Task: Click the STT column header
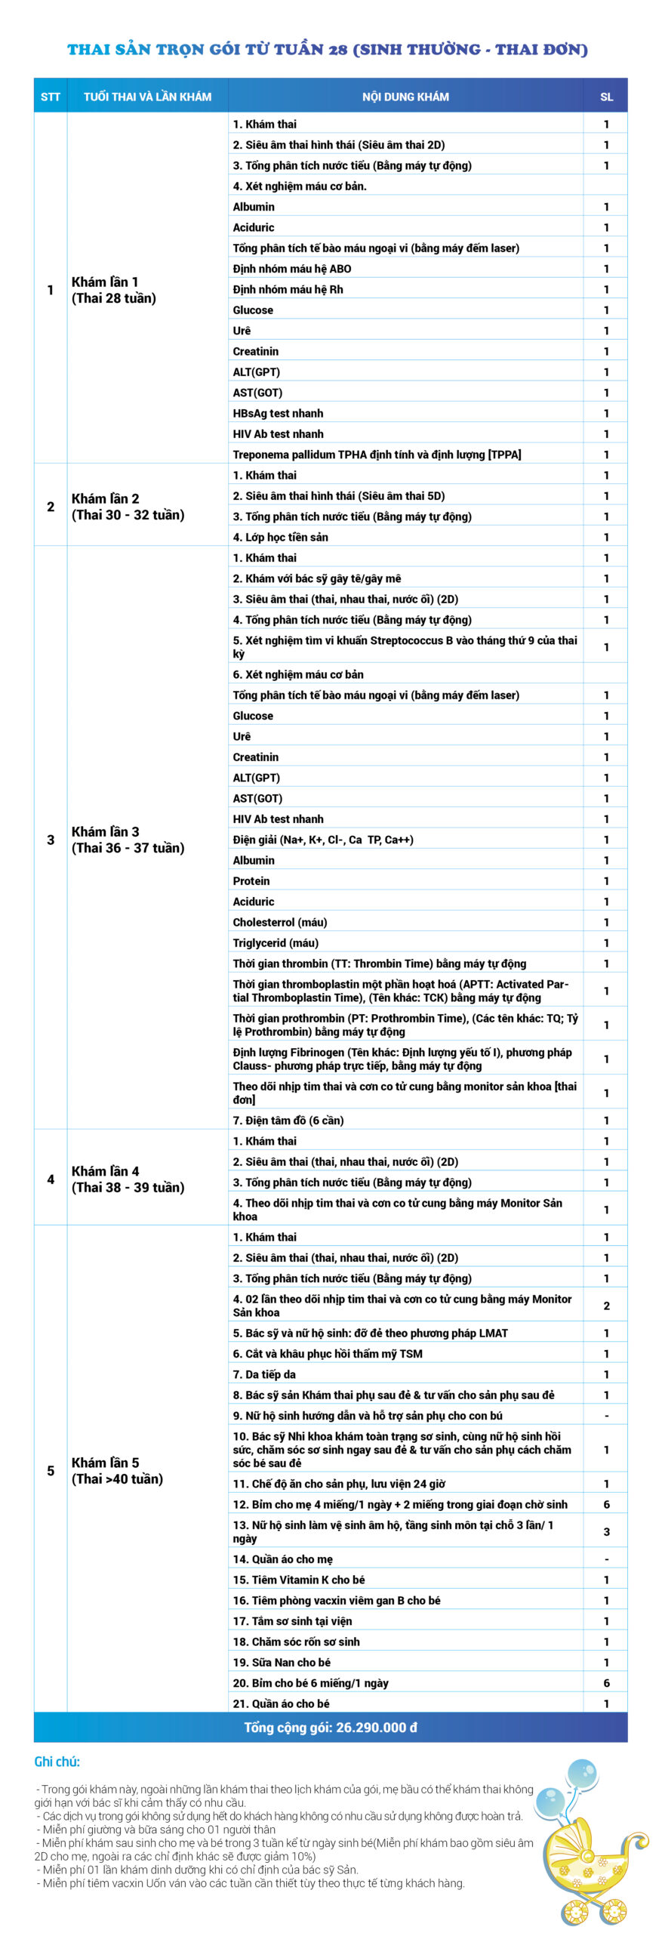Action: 51,97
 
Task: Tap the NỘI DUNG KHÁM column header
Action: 405,97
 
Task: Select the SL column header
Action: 606,97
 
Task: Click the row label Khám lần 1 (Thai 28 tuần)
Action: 114,290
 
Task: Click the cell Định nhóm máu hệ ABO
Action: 292,269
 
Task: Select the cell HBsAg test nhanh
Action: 278,413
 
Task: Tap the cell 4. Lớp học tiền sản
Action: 280,537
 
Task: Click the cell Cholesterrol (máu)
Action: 280,922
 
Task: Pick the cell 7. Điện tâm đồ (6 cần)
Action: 288,1120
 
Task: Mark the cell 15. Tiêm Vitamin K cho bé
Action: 299,1580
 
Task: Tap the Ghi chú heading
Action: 57,1762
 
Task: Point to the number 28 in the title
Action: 338,50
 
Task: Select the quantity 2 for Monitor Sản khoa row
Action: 606,1306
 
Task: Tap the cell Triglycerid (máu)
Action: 276,942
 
